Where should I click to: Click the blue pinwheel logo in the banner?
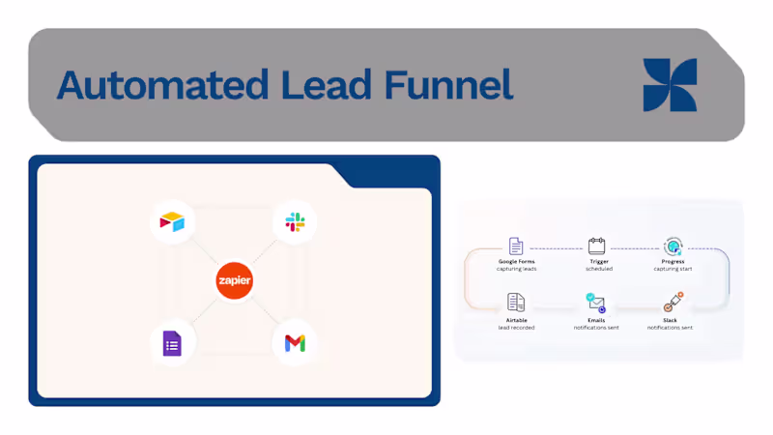tap(670, 85)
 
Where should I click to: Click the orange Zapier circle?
tap(235, 279)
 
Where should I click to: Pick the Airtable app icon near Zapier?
tap(173, 223)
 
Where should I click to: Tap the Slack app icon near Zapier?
tap(295, 223)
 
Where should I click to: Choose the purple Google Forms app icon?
tap(173, 342)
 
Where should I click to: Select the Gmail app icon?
tap(295, 343)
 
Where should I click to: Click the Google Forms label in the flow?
tap(516, 261)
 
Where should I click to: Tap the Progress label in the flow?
tap(673, 261)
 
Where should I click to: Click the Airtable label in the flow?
tap(516, 319)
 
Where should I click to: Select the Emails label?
tap(596, 319)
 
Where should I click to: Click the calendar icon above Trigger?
tap(596, 246)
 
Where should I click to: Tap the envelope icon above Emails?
tap(596, 303)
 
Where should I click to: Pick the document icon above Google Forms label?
tap(516, 246)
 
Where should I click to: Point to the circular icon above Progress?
tap(673, 246)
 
